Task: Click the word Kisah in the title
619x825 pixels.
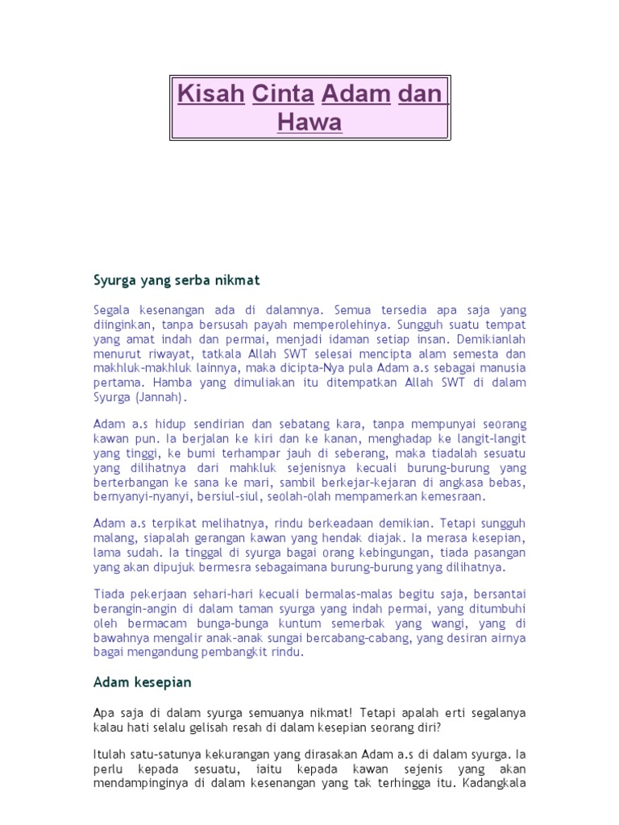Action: point(210,94)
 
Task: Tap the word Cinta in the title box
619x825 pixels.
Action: point(283,94)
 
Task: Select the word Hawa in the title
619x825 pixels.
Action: point(309,122)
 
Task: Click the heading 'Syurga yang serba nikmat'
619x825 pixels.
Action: point(177,280)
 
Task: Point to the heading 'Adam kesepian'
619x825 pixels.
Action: point(143,682)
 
